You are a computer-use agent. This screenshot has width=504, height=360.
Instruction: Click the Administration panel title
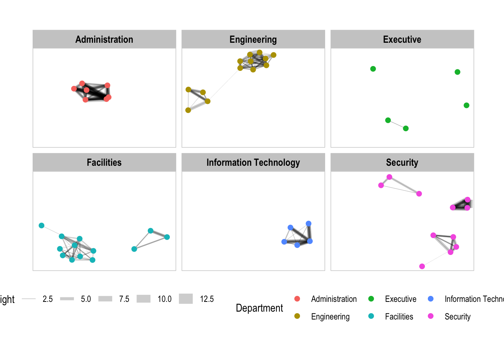click(104, 39)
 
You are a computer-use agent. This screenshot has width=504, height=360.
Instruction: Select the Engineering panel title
click(253, 39)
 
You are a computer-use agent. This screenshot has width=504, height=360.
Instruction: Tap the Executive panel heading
click(402, 39)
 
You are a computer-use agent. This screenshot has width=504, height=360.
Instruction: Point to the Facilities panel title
click(104, 162)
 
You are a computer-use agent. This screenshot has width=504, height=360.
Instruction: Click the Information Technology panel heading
click(253, 162)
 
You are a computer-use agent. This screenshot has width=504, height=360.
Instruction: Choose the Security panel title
click(402, 162)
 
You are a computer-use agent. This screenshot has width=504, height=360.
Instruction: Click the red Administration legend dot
click(297, 299)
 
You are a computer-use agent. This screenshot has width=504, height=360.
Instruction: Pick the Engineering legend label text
click(330, 316)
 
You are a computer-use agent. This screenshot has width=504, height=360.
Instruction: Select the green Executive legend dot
click(371, 299)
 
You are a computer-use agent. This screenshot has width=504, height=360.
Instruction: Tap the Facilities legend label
click(399, 316)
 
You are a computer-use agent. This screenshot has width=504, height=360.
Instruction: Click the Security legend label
click(457, 316)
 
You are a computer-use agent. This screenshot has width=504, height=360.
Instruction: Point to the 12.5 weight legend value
click(207, 299)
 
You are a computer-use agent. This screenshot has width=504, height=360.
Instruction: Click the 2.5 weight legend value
click(48, 299)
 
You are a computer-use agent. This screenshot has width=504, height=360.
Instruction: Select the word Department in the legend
click(259, 308)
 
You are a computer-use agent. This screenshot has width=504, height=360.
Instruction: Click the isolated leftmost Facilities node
click(42, 225)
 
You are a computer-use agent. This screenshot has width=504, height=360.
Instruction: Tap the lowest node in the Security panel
click(422, 266)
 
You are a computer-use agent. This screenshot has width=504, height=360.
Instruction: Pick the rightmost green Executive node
click(466, 105)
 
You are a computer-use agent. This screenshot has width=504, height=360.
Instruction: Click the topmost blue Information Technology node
click(309, 223)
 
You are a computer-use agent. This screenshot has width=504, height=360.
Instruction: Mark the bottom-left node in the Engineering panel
click(188, 110)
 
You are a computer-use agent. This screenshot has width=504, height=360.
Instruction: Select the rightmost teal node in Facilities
click(167, 237)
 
